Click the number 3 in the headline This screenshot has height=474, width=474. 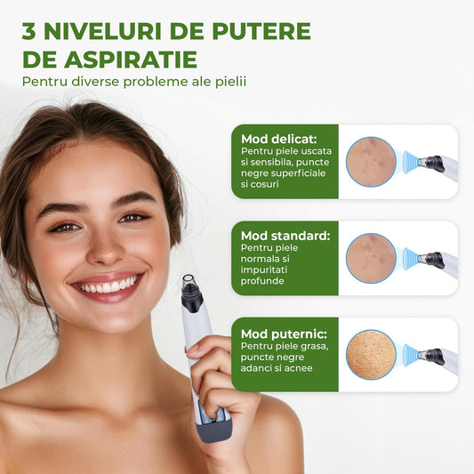(30, 30)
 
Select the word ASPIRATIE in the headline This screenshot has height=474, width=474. (143, 60)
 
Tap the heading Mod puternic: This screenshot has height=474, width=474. (277, 333)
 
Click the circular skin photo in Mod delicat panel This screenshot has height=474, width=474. (371, 161)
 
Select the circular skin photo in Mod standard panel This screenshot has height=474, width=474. (371, 259)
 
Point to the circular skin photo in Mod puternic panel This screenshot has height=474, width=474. (371, 355)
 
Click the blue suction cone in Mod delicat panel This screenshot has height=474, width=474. (410, 161)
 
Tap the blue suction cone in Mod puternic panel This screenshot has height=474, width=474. (410, 356)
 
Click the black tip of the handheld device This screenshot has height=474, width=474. (190, 285)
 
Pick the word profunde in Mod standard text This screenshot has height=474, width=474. (260, 281)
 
